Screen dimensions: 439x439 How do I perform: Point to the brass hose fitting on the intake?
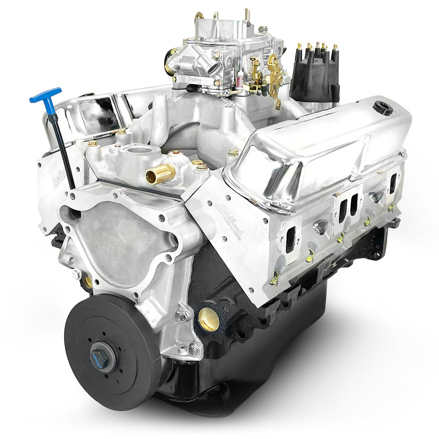point(160,172)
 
